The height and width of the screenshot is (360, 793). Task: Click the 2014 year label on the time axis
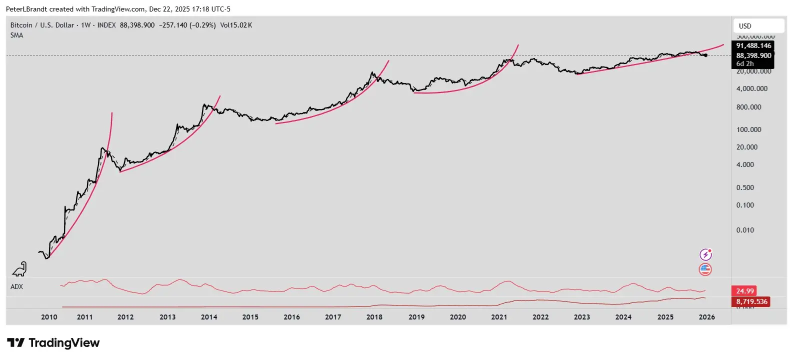point(209,317)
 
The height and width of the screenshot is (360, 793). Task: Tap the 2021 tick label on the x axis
point(499,317)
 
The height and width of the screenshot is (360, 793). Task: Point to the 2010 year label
point(49,317)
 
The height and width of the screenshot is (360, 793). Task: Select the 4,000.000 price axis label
point(751,88)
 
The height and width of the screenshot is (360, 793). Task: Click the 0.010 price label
point(745,230)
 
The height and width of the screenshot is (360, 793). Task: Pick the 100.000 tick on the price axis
point(748,129)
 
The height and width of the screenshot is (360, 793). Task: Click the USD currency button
point(745,26)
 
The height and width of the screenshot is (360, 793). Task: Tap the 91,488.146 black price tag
point(753,45)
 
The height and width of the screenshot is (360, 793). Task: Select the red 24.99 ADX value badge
point(744,291)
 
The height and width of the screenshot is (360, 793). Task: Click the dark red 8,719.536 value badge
point(751,301)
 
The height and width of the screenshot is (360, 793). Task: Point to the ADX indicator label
point(16,286)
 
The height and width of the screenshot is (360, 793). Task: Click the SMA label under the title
point(16,35)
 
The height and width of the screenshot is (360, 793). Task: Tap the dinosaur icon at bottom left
point(19,269)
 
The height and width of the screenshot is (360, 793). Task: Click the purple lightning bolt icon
point(705,254)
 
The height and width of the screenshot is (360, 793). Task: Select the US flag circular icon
point(705,269)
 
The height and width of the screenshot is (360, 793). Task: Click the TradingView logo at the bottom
point(53,343)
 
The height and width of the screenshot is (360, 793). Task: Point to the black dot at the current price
point(705,55)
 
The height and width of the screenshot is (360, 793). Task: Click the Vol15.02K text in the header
point(236,25)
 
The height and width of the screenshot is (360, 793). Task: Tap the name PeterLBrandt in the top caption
point(26,9)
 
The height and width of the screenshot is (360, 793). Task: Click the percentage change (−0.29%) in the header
point(202,25)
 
